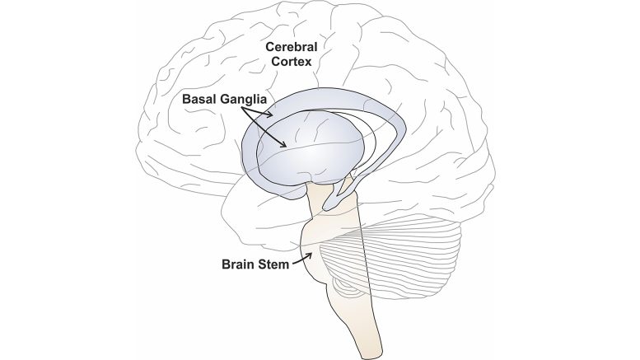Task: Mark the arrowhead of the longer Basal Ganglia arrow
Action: pos(285,146)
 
